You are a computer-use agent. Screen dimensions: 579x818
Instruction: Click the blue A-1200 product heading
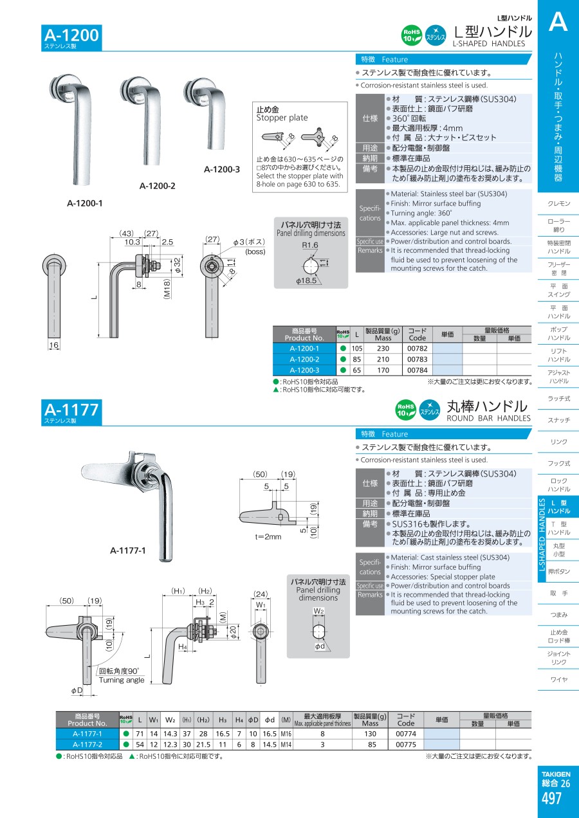[x=71, y=35]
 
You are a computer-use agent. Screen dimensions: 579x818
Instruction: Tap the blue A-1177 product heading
[x=71, y=410]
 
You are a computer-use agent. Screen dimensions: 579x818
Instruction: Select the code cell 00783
[x=417, y=359]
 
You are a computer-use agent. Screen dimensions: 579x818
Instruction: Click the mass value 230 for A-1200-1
[x=383, y=349]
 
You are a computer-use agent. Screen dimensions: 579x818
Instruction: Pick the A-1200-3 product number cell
[x=304, y=370]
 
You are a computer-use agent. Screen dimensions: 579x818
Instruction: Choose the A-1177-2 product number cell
[x=87, y=744]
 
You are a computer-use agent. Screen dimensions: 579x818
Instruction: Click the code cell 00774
[x=406, y=734]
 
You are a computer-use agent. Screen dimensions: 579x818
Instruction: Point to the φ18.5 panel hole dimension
[x=306, y=280]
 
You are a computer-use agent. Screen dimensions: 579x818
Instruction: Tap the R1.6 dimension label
[x=310, y=245]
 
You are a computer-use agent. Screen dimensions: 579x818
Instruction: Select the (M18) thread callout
[x=167, y=289]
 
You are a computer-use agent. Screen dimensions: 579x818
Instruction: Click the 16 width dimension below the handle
[x=53, y=345]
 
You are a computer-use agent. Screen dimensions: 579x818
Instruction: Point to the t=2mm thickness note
[x=268, y=536]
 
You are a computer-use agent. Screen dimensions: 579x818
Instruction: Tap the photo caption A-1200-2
[x=158, y=186]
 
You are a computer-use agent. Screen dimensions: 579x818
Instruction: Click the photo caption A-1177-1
[x=128, y=550]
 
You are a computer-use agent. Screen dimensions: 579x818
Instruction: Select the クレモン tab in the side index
[x=558, y=203]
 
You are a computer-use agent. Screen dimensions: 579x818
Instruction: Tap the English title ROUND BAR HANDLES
[x=488, y=418]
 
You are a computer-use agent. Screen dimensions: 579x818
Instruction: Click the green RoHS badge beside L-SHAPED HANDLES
[x=412, y=35]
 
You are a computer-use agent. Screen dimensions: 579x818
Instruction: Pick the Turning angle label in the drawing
[x=122, y=680]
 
